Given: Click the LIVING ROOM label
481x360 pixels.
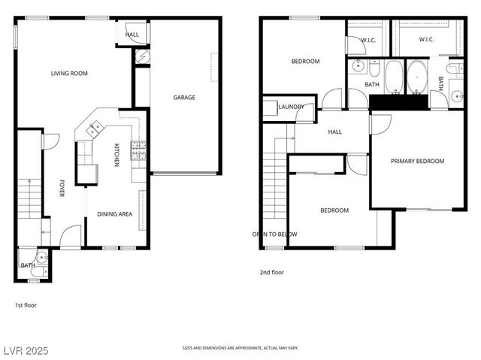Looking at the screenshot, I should [x=70, y=73].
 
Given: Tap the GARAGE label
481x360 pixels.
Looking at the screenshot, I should [x=184, y=97].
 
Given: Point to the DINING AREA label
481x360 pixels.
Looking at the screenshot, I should [x=114, y=214].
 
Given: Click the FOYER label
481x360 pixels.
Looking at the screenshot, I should [x=62, y=188].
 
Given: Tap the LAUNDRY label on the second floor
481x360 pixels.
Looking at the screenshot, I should [x=291, y=107].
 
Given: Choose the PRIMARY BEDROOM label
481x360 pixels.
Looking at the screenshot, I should [x=417, y=161].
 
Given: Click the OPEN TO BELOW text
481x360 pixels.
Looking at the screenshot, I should [x=274, y=234].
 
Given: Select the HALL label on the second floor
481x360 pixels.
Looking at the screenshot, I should [x=334, y=132].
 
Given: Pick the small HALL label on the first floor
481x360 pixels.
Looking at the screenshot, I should [x=132, y=35].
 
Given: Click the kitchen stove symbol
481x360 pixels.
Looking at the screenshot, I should [x=138, y=152].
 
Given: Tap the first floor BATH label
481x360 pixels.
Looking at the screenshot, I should [x=28, y=265].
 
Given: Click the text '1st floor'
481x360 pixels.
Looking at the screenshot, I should [x=26, y=305].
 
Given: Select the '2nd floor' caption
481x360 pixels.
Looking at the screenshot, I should [x=272, y=272].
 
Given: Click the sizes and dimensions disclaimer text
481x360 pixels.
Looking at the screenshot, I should [x=240, y=349].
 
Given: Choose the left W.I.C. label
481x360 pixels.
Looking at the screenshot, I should [x=368, y=40].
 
